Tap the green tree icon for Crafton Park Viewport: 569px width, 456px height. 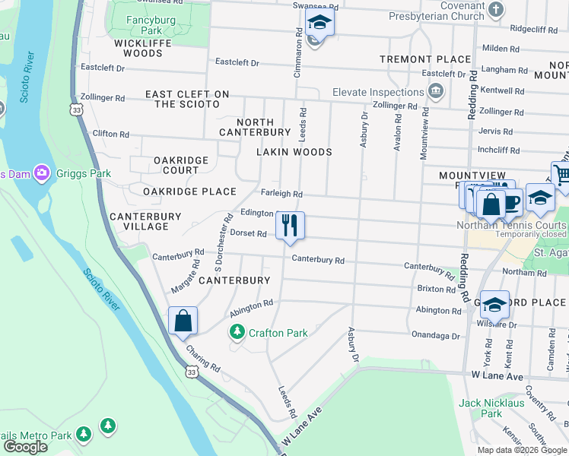(x=237, y=333)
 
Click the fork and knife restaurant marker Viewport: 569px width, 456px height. (x=289, y=226)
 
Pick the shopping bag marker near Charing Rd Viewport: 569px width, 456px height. (x=183, y=321)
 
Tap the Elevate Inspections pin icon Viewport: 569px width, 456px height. (x=436, y=93)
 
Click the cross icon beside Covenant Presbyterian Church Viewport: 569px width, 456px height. (x=496, y=11)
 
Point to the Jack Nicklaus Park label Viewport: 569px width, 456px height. (x=492, y=408)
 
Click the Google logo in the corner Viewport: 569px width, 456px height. (x=25, y=447)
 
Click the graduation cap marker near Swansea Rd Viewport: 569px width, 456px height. (x=320, y=24)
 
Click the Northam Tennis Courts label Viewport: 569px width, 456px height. (x=511, y=225)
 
